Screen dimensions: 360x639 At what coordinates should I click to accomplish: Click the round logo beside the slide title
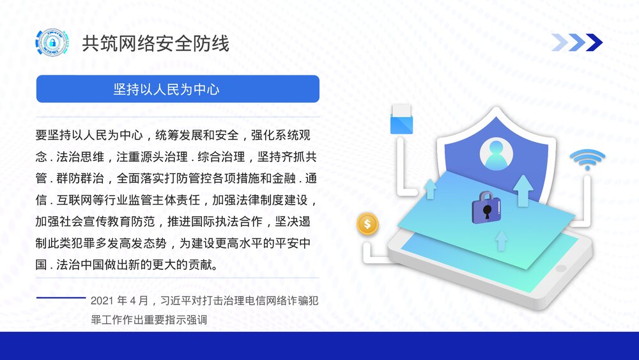(x=51, y=43)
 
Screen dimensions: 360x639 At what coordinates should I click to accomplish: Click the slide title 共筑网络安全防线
(x=155, y=43)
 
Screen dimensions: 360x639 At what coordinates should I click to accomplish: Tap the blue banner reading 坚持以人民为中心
(x=178, y=89)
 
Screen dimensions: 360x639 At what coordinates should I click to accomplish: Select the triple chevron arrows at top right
(x=577, y=42)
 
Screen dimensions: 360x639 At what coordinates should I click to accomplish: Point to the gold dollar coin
(x=367, y=224)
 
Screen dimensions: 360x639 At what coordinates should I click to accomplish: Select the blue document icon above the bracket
(x=401, y=118)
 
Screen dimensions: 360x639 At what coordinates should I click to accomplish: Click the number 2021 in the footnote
(x=103, y=301)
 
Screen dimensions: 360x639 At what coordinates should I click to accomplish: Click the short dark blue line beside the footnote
(x=61, y=298)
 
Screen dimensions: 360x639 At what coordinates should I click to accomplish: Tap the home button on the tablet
(x=560, y=268)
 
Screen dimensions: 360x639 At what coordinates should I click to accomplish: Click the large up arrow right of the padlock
(x=523, y=189)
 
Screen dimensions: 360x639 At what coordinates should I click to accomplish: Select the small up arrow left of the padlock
(x=430, y=189)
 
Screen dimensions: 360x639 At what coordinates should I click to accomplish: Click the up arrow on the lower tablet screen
(x=502, y=240)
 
